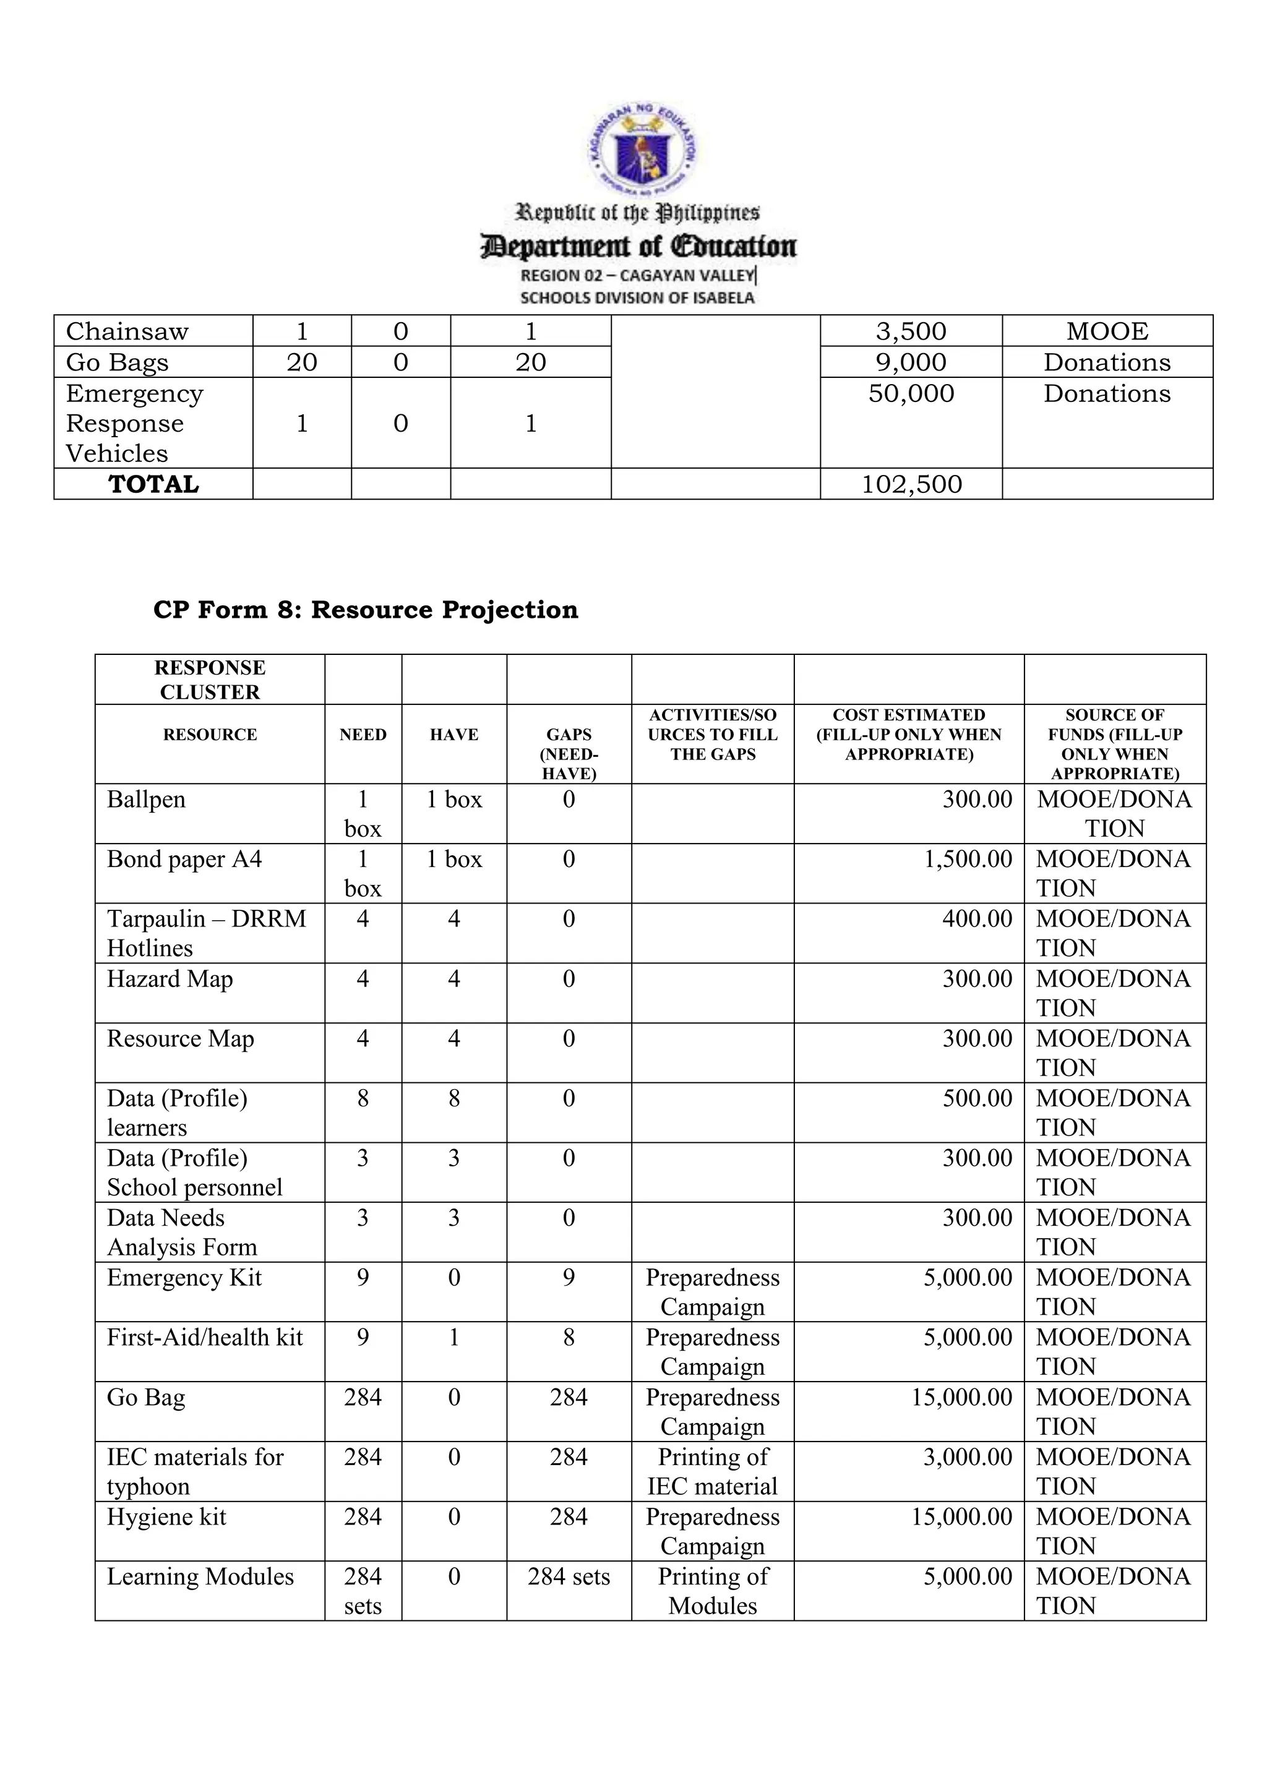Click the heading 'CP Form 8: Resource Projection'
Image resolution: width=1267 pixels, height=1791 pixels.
point(366,610)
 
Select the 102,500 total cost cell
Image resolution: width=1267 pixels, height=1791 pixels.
point(911,484)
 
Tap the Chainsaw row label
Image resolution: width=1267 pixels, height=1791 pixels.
point(127,331)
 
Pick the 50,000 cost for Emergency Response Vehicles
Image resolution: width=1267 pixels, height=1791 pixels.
point(911,394)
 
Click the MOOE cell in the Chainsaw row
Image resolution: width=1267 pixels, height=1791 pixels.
point(1106,331)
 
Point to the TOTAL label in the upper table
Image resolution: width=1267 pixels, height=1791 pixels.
point(153,484)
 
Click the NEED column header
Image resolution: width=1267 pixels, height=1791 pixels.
point(363,735)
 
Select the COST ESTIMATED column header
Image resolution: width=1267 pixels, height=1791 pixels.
point(908,735)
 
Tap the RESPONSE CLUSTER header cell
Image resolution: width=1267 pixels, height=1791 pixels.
point(210,680)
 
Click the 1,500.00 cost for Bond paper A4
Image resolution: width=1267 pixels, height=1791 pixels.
point(968,860)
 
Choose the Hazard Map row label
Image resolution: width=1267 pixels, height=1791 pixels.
point(170,979)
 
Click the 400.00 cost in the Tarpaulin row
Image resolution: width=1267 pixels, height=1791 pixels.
point(977,919)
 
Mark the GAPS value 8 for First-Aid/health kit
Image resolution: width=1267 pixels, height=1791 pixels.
point(569,1338)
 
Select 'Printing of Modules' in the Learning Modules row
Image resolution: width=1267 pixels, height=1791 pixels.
point(712,1591)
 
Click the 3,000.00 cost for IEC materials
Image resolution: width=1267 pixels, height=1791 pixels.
point(968,1457)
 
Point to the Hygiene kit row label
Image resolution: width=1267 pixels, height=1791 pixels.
point(166,1517)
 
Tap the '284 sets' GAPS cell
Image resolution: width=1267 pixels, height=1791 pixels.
point(569,1577)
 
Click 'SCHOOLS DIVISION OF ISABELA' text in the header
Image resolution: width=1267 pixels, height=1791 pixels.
point(637,298)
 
